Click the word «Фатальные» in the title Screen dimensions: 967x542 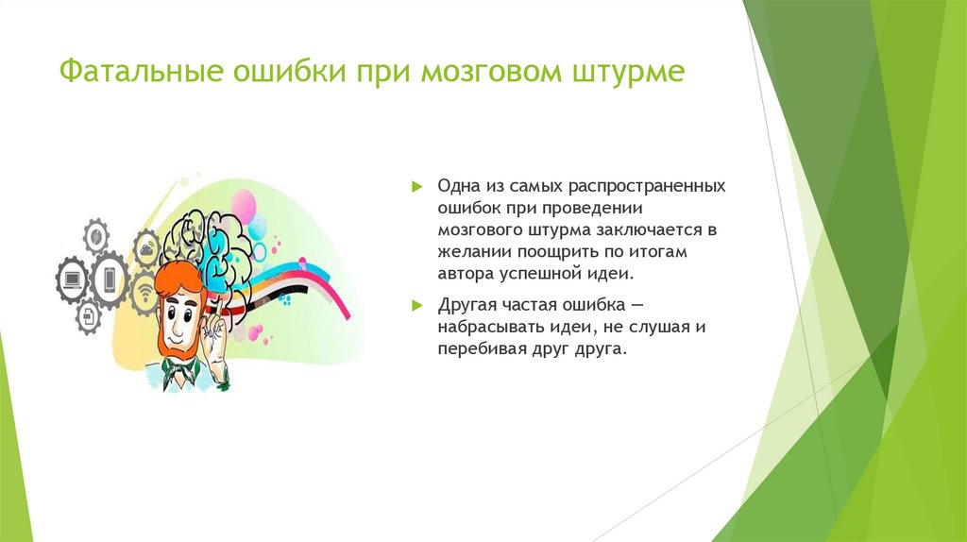(x=141, y=70)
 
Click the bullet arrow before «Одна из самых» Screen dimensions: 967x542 (x=417, y=186)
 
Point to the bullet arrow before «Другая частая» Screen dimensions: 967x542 (x=417, y=305)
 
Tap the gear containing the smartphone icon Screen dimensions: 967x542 (x=110, y=279)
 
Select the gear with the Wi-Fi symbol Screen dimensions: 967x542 (x=145, y=294)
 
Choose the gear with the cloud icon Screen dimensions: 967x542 (x=146, y=249)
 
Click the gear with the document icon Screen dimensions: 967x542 (x=89, y=317)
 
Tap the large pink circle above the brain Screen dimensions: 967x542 (x=243, y=207)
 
